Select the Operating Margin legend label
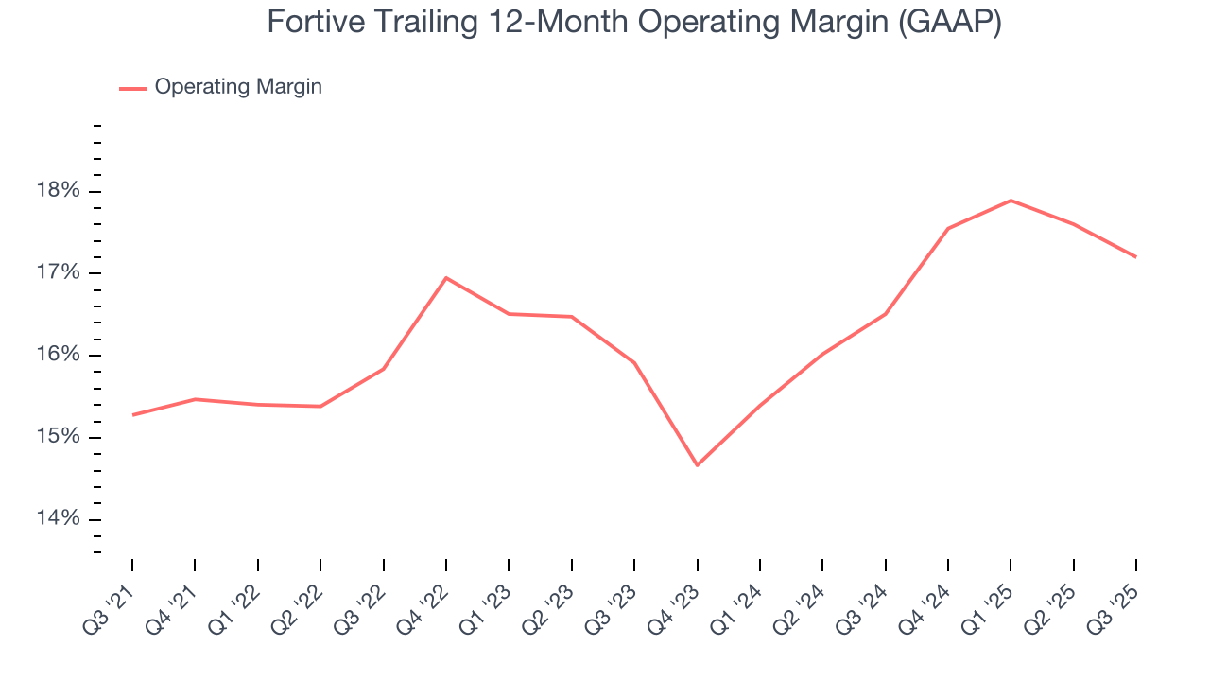click(238, 87)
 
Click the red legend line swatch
click(132, 88)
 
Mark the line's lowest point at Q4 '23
click(698, 465)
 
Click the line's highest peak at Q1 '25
click(1011, 201)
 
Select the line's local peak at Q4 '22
click(446, 278)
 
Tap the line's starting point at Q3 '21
click(132, 415)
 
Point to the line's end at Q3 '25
click(1135, 256)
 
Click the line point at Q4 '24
click(948, 229)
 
